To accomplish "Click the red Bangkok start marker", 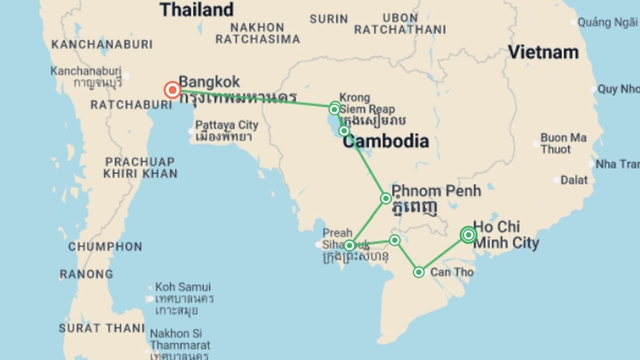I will click(x=172, y=90).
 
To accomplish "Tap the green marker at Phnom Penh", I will click(x=386, y=198).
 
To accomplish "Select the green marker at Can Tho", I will click(x=419, y=272).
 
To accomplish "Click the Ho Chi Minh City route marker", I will click(x=468, y=235).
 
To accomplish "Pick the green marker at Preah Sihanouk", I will click(x=349, y=246).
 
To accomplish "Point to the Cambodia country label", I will click(x=386, y=141).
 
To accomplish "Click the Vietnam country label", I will click(x=543, y=52).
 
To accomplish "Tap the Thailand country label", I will click(x=196, y=10).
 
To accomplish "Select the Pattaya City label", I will click(x=227, y=125).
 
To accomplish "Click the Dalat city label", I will click(x=574, y=180).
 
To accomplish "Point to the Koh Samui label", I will click(x=183, y=287).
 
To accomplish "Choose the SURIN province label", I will click(x=329, y=19).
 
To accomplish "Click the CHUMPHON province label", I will click(x=105, y=247).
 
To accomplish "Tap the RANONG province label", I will click(x=86, y=274).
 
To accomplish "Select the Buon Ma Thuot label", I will click(x=563, y=143).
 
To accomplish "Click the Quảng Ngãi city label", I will click(x=607, y=23).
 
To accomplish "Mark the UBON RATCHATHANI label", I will click(x=400, y=24).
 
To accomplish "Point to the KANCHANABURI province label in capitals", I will click(x=102, y=44).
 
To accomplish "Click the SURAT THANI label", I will click(x=102, y=328).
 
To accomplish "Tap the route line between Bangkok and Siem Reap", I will click(x=253, y=98).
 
